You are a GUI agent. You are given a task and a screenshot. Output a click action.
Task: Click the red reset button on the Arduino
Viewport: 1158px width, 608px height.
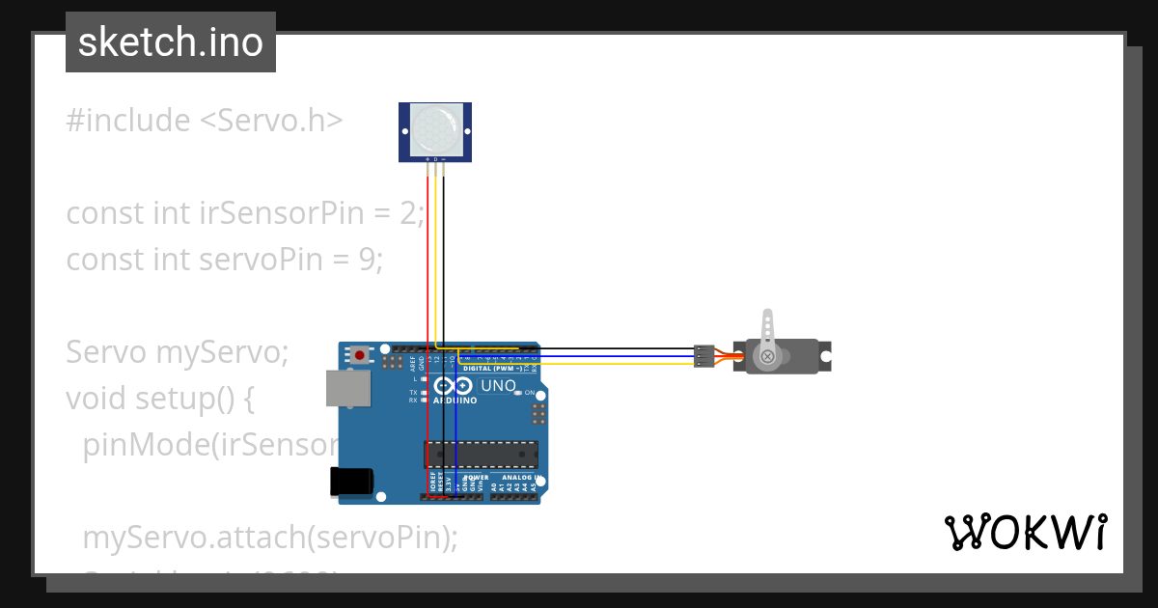point(360,354)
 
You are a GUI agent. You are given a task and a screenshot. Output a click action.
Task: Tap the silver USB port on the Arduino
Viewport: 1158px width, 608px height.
point(346,388)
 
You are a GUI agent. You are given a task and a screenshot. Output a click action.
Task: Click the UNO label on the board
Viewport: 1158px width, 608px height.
point(499,385)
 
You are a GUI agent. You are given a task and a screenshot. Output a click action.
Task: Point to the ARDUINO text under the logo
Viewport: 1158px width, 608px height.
point(455,399)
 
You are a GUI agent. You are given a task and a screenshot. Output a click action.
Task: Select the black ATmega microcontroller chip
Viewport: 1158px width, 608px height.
point(482,455)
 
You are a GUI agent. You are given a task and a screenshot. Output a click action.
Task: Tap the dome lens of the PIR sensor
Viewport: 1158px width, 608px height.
point(434,131)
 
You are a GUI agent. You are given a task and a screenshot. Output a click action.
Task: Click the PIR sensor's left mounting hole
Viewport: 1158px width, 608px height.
point(403,131)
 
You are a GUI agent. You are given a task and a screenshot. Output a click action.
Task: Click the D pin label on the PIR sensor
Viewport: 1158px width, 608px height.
point(435,158)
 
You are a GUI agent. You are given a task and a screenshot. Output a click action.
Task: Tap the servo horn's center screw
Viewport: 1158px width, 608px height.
point(768,356)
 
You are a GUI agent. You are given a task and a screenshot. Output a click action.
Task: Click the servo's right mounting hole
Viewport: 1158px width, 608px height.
point(825,356)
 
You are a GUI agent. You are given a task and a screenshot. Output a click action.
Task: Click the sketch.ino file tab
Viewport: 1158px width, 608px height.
point(171,42)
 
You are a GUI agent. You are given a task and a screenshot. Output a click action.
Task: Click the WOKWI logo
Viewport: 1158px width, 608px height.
point(1025,533)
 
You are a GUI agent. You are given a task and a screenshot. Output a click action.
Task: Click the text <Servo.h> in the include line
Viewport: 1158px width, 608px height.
point(271,121)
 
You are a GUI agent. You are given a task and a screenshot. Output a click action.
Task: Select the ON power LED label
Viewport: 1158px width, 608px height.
point(530,393)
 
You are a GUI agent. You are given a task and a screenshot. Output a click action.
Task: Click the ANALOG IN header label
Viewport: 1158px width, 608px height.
point(519,477)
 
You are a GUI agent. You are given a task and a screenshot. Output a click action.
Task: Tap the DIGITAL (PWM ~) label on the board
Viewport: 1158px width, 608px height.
point(493,369)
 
